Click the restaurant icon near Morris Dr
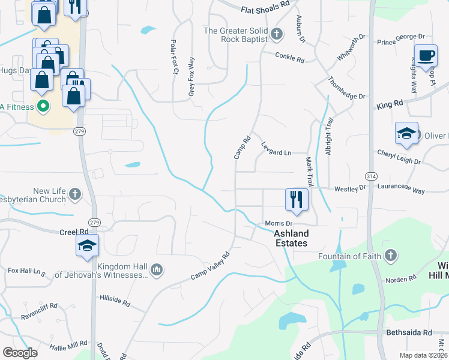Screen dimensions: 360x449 click(296, 199)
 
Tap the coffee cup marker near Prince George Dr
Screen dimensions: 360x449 click(426, 56)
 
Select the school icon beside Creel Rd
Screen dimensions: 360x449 click(88, 245)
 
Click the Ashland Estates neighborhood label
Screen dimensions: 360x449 click(291, 238)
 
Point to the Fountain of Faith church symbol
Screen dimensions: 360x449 click(390, 256)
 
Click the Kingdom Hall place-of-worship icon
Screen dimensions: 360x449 click(157, 269)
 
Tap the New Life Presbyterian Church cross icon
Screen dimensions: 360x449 click(74, 194)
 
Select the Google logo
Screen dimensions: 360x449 click(20, 353)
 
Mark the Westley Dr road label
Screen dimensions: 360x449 click(350, 188)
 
